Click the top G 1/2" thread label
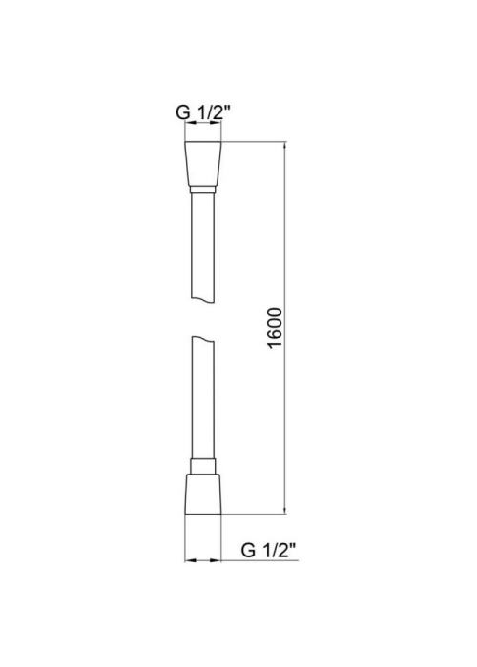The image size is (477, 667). tap(203, 112)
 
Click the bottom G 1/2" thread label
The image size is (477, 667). tap(268, 550)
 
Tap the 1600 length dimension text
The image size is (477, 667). tap(276, 328)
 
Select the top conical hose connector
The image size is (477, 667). tap(203, 163)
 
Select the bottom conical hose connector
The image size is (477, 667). tap(203, 494)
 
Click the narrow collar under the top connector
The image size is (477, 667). tap(202, 190)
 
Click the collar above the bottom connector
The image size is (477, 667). tap(203, 466)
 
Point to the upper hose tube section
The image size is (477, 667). tap(202, 248)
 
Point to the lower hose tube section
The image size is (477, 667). tap(202, 398)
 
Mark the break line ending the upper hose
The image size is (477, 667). tap(202, 300)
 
